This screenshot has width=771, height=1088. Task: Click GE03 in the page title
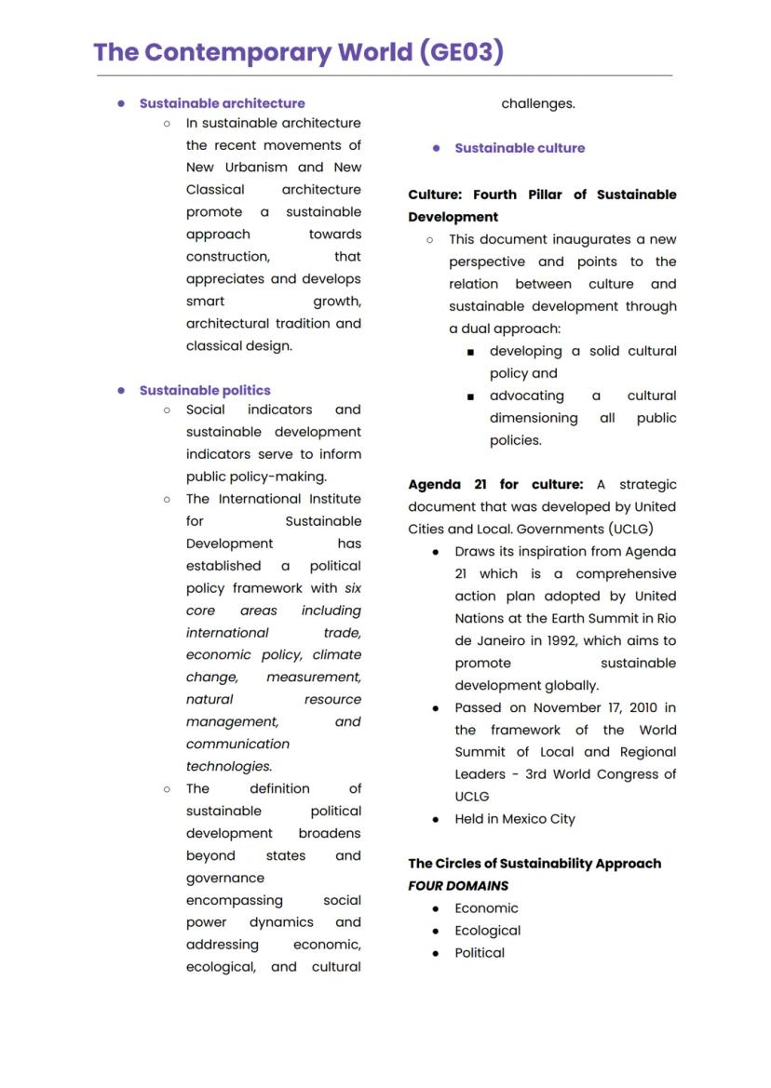pos(460,51)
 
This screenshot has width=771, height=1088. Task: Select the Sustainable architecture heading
pos(222,103)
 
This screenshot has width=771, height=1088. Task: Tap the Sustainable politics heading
pos(205,390)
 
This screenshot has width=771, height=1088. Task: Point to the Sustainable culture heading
pos(520,148)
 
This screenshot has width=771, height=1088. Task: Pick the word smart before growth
pos(205,302)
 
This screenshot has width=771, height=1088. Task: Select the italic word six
pos(353,588)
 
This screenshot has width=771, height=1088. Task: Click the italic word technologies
pos(228,767)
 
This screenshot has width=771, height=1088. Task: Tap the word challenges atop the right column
pos(538,103)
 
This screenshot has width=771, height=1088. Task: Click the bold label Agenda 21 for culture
pos(495,485)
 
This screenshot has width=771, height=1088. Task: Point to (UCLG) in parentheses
pos(632,529)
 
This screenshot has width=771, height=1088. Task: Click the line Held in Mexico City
pos(515,819)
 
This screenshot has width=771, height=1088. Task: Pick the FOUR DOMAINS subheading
pos(458,886)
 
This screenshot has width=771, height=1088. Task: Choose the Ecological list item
pos(487,931)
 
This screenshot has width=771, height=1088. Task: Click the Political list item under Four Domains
pos(480,953)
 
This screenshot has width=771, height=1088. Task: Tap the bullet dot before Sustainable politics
pos(121,390)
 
